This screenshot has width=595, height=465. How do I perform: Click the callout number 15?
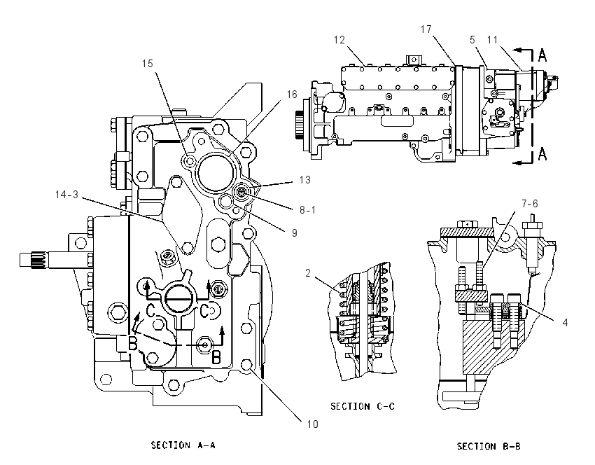(148, 64)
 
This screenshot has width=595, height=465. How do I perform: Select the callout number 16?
(292, 94)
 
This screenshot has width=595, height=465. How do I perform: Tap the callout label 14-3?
(66, 195)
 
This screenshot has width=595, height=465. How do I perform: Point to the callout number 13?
(304, 179)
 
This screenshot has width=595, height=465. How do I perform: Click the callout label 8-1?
(307, 210)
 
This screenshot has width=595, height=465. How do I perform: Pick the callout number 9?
(295, 233)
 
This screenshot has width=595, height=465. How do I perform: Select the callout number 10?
(312, 424)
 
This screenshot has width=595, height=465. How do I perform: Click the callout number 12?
(339, 40)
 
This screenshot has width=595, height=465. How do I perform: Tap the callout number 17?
(426, 29)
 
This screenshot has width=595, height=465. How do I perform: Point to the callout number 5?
(472, 39)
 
